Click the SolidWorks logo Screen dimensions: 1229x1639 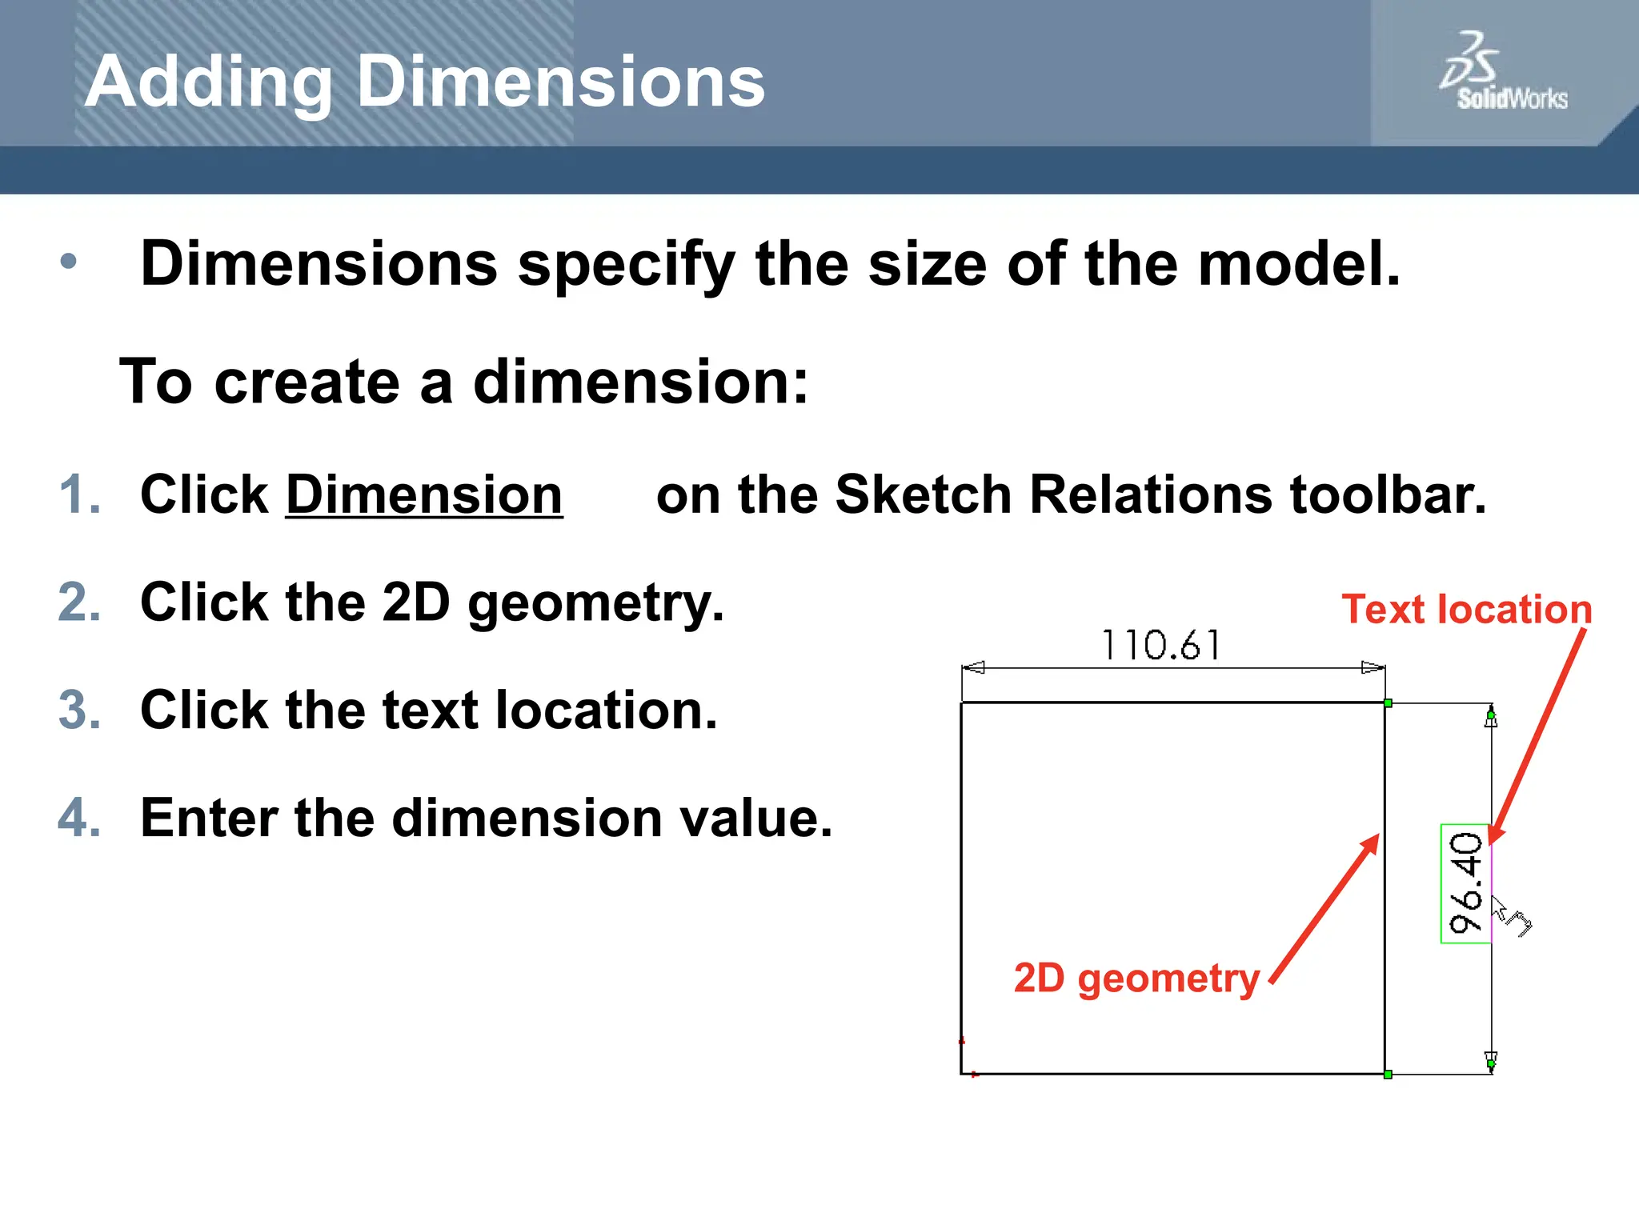click(1502, 72)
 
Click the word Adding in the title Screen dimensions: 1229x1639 click(208, 82)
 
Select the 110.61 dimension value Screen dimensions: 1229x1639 click(1160, 645)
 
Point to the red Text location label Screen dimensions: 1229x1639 click(1466, 610)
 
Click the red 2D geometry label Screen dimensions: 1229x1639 click(1136, 978)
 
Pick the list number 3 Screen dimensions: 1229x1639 click(79, 710)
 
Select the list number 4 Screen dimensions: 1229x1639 click(79, 818)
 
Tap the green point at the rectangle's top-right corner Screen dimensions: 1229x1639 click(1388, 703)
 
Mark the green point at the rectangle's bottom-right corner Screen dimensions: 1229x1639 click(1388, 1075)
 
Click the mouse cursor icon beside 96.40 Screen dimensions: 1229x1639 click(1509, 915)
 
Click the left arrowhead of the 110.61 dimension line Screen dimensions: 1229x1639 click(973, 667)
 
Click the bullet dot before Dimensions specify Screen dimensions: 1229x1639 click(69, 261)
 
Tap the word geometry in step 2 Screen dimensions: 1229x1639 click(595, 602)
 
